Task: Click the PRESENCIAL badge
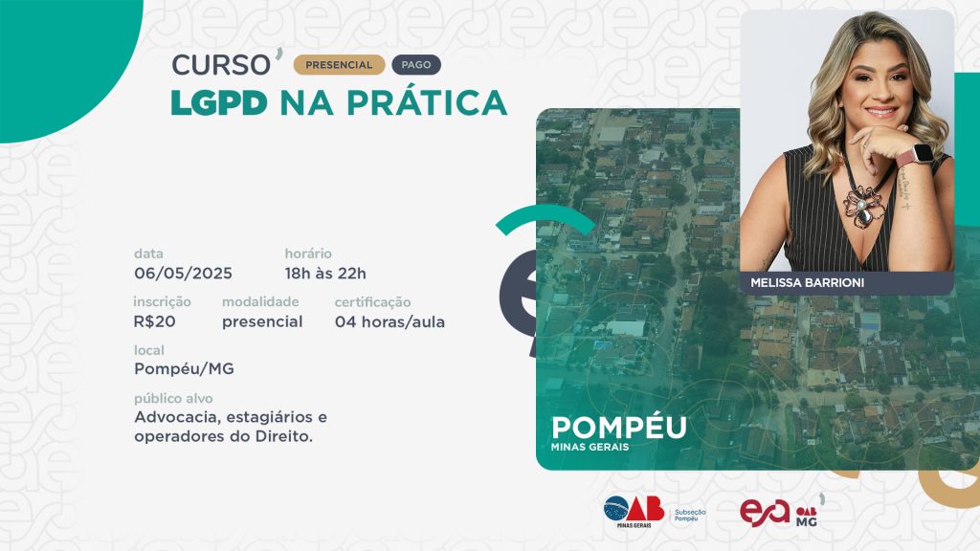(339, 65)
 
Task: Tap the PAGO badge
(416, 65)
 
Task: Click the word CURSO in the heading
(221, 65)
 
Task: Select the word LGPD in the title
(219, 103)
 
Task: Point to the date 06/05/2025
(183, 274)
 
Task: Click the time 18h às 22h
(325, 274)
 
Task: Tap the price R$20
(154, 321)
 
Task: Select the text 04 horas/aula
(390, 321)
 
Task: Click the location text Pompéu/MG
(185, 369)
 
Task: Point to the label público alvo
(173, 399)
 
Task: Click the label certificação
(372, 302)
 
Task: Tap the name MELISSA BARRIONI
(808, 283)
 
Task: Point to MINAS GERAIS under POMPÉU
(590, 448)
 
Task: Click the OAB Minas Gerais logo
(634, 512)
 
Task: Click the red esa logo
(765, 513)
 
